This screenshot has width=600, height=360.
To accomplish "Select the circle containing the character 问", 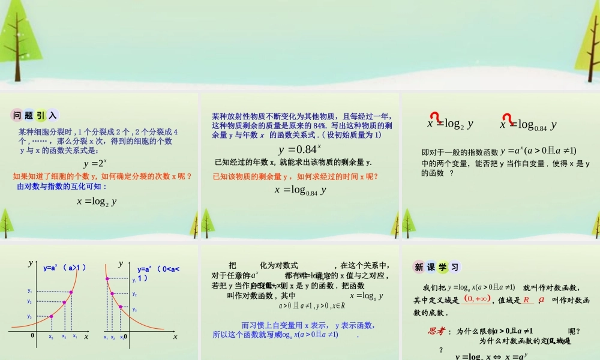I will coord(17,116).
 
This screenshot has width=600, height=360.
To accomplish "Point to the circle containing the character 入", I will coord(52,116).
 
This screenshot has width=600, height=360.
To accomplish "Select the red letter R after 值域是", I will coord(526,299).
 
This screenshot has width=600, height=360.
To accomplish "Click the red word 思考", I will coord(436,331).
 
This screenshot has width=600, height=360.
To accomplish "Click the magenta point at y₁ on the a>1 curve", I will coord(71,292).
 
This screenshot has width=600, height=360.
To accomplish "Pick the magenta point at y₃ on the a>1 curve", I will coord(51,316).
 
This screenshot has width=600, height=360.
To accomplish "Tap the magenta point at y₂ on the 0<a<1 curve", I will coord(112,294).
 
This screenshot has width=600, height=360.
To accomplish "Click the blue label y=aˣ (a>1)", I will coord(65,269).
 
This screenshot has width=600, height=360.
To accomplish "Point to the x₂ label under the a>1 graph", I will coord(64,337).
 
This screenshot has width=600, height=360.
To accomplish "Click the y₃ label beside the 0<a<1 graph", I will coord(134,310).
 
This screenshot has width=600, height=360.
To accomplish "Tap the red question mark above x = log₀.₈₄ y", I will coord(508,118).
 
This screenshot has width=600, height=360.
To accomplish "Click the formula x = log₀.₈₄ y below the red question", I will coord(300,190).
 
